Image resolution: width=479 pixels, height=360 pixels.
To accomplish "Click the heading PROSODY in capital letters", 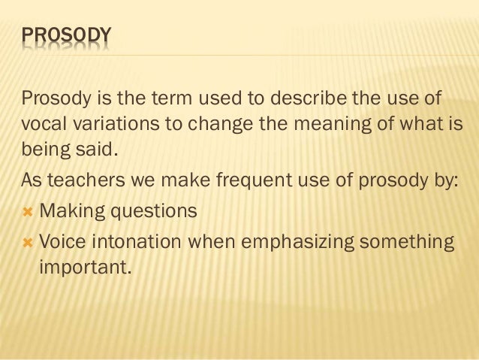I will pos(67,35).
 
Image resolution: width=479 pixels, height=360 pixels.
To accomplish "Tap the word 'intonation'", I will pos(141,242).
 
